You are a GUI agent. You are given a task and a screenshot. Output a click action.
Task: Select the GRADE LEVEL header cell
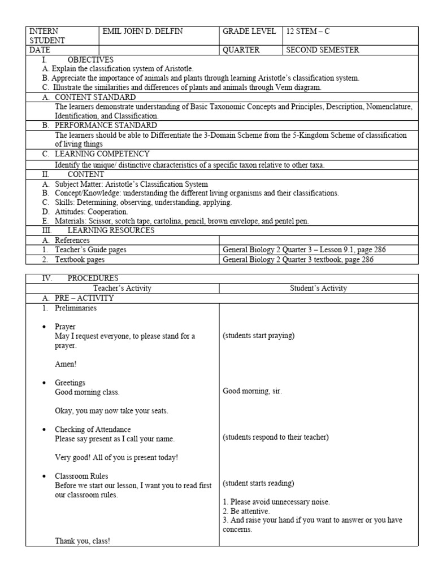click(249, 32)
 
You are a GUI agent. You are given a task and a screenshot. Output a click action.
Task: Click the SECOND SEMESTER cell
click(323, 50)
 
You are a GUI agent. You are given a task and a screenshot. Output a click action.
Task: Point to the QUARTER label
click(241, 50)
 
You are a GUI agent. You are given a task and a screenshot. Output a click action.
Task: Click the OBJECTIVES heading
click(90, 59)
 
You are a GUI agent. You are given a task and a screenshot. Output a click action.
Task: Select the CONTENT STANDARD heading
click(95, 97)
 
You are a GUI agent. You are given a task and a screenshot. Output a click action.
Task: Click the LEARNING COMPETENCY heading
click(102, 154)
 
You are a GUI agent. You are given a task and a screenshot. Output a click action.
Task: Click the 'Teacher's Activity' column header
click(123, 288)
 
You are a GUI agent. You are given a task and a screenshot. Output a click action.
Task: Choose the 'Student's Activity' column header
click(319, 288)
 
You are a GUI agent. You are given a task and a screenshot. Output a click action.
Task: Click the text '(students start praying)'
click(258, 336)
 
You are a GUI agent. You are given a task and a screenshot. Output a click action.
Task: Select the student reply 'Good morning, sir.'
click(252, 391)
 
